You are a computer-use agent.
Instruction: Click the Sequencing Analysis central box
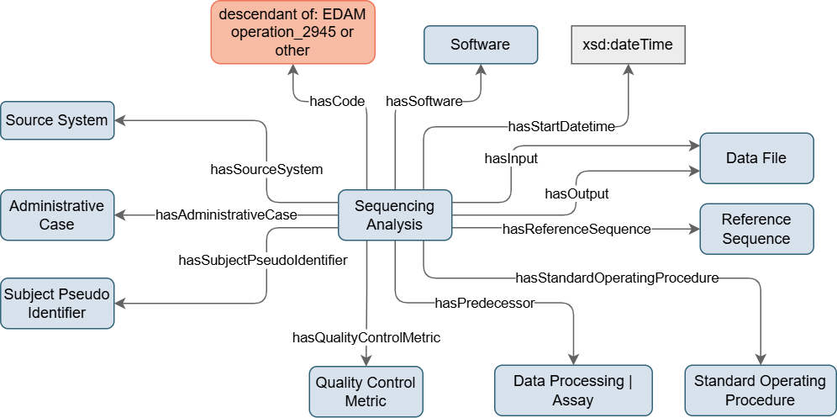pyautogui.click(x=395, y=215)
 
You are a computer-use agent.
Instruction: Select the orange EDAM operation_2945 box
pyautogui.click(x=292, y=32)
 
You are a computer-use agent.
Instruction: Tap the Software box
pyautogui.click(x=480, y=45)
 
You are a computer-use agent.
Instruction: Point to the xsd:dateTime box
pyautogui.click(x=627, y=45)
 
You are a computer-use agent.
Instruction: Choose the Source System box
pyautogui.click(x=57, y=120)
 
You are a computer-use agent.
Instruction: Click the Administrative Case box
pyautogui.click(x=57, y=214)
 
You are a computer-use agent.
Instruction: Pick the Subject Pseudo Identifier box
pyautogui.click(x=57, y=303)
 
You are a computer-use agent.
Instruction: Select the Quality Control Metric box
pyautogui.click(x=365, y=391)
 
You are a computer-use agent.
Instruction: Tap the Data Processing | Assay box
pyautogui.click(x=572, y=391)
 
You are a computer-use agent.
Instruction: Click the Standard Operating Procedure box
pyautogui.click(x=760, y=391)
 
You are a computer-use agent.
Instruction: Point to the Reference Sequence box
pyautogui.click(x=756, y=229)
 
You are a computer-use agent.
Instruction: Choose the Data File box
pyautogui.click(x=756, y=158)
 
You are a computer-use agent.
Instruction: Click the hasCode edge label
pyautogui.click(x=337, y=102)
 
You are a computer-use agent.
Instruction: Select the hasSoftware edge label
pyautogui.click(x=424, y=102)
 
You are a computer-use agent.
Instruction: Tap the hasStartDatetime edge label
pyautogui.click(x=561, y=127)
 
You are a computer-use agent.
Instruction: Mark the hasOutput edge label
pyautogui.click(x=576, y=194)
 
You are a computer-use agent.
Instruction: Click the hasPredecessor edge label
pyautogui.click(x=484, y=304)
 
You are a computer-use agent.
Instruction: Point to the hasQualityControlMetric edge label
pyautogui.click(x=366, y=338)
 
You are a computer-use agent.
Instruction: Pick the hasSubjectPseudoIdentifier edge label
pyautogui.click(x=263, y=261)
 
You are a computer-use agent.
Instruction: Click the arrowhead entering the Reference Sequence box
pyautogui.click(x=694, y=229)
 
